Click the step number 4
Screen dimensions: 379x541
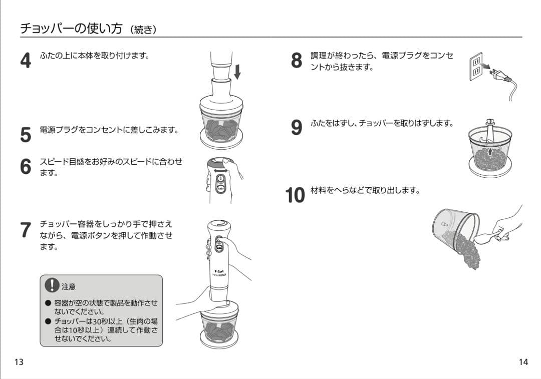[26, 60]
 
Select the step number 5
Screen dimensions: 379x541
[26, 135]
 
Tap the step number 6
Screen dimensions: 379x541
[26, 166]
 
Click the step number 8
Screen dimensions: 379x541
[297, 60]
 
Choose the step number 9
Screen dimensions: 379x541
[297, 127]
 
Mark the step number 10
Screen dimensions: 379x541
[295, 195]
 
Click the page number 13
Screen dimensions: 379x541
[19, 362]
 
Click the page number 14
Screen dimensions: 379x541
[523, 362]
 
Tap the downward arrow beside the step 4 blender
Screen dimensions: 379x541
[237, 72]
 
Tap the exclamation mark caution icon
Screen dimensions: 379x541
[52, 285]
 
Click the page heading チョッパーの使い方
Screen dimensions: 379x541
[71, 29]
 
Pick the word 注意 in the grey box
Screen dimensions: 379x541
[69, 287]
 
